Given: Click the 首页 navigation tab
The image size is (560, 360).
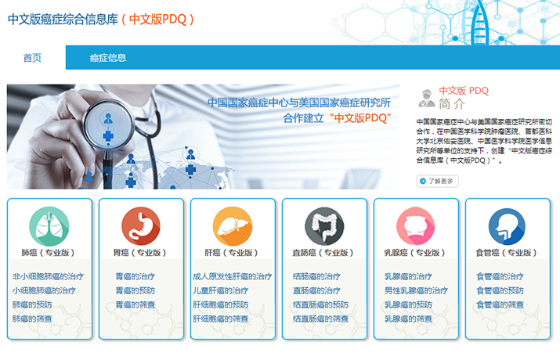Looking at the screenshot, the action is click(32, 58).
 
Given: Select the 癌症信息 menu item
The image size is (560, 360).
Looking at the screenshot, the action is click(108, 58).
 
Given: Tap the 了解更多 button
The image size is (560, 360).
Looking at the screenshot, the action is click(438, 182).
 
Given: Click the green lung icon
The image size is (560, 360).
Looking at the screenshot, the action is click(49, 226).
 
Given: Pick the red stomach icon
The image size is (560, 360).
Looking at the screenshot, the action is click(141, 226).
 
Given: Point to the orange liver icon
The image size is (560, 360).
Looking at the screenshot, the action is click(233, 226).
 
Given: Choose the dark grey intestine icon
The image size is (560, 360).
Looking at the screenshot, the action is click(324, 226).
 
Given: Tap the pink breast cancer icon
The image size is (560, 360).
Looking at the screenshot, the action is click(416, 226).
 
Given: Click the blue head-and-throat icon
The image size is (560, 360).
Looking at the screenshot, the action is click(508, 226).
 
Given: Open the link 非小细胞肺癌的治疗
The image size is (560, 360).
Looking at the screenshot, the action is click(48, 276).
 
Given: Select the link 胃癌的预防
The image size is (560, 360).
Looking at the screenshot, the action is click(135, 291).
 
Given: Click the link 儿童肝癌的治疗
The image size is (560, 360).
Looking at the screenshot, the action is click(220, 291).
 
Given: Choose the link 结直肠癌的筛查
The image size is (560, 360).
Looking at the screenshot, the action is click(320, 319).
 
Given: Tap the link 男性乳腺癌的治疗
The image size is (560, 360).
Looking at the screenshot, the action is click(416, 291).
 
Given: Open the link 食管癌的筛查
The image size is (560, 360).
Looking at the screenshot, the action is click(500, 305).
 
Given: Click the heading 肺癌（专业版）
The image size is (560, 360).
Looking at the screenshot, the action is click(48, 253).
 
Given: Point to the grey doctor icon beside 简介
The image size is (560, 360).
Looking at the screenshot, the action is click(426, 99).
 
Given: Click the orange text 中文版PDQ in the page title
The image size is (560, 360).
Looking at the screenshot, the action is click(157, 20).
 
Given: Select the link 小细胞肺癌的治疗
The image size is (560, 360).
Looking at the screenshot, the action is click(44, 291).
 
